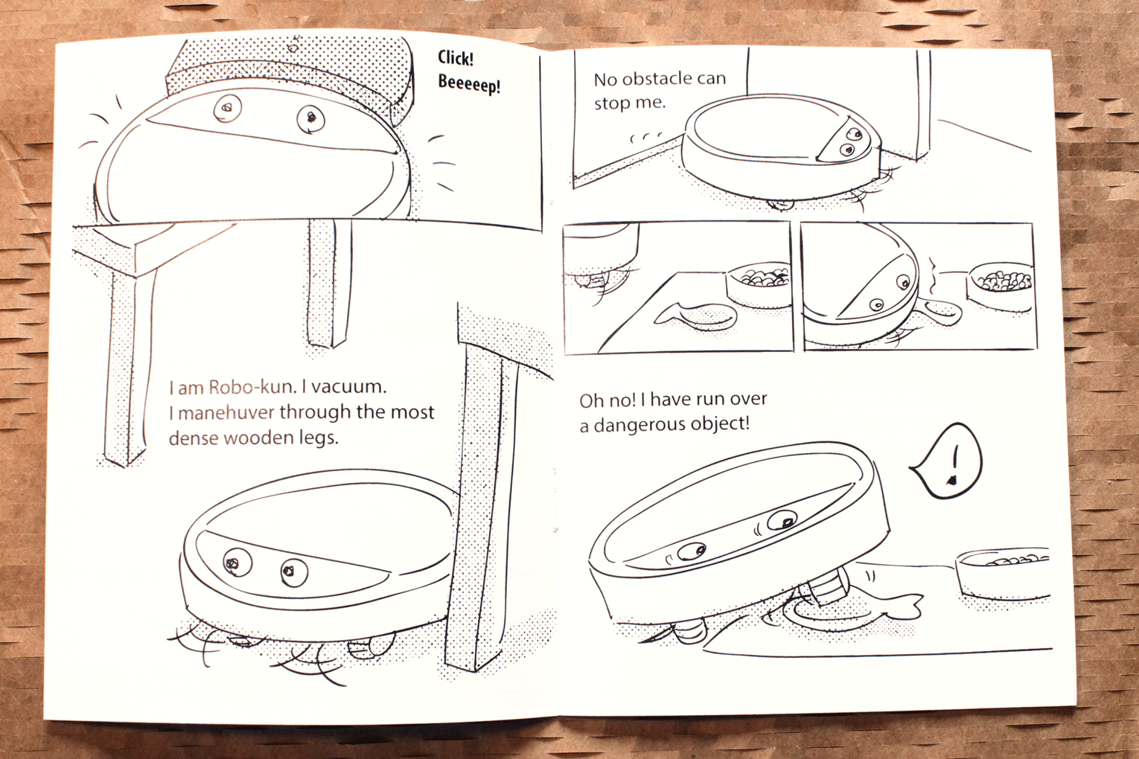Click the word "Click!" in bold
pyautogui.click(x=456, y=59)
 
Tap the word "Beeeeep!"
pyautogui.click(x=469, y=84)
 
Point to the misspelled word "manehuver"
pyautogui.click(x=227, y=412)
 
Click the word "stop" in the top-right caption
pyautogui.click(x=610, y=103)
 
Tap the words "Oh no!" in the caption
pyautogui.click(x=607, y=400)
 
